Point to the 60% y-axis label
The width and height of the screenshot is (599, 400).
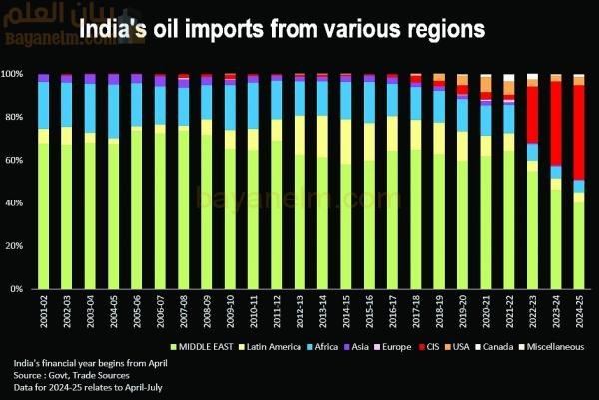[17, 161]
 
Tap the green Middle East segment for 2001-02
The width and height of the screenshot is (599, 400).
[43, 215]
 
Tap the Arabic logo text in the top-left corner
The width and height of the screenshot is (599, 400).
[50, 14]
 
